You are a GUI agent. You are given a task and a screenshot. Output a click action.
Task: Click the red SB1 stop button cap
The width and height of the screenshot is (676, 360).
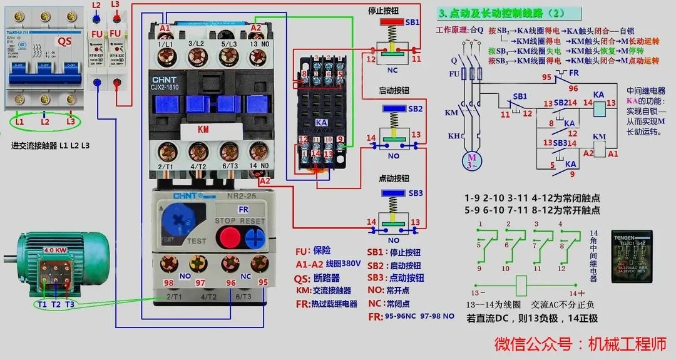tap(393, 22)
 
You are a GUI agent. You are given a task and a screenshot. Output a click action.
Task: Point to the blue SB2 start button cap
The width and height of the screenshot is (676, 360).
tap(393, 108)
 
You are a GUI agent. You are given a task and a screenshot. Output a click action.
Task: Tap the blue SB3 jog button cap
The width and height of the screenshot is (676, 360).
tap(393, 193)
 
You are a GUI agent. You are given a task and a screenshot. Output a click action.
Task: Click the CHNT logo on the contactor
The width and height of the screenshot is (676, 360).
tap(165, 80)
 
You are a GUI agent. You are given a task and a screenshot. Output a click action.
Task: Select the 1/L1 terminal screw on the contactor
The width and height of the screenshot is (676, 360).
tap(166, 58)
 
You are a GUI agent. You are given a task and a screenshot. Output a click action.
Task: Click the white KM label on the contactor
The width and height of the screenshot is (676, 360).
tap(203, 130)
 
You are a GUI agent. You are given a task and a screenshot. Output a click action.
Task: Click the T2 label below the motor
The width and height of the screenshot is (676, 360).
tap(56, 304)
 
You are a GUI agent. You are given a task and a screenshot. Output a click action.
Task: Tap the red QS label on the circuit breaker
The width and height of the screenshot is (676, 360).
tap(65, 41)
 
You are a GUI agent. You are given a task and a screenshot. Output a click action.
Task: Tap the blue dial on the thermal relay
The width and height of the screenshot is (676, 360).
tap(178, 220)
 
